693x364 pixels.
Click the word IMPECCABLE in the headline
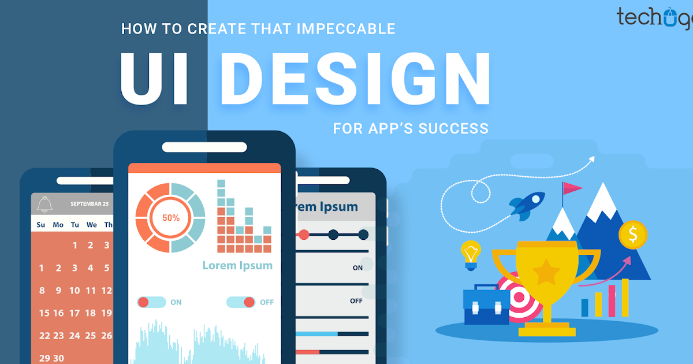[x=346, y=29]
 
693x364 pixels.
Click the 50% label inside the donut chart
[x=170, y=218]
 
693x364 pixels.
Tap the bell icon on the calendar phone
[x=44, y=204]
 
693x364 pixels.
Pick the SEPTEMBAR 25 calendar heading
[x=90, y=204]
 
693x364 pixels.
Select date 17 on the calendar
[x=74, y=313]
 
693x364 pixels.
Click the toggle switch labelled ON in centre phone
[x=151, y=302]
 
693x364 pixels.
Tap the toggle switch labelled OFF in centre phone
[x=241, y=302]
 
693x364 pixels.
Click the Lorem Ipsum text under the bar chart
[x=237, y=266]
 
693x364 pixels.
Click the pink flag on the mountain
[x=572, y=188]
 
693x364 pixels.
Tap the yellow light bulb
[x=471, y=255]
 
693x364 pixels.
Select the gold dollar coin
[x=632, y=235]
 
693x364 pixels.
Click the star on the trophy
[x=546, y=272]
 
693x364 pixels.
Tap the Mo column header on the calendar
[x=58, y=225]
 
